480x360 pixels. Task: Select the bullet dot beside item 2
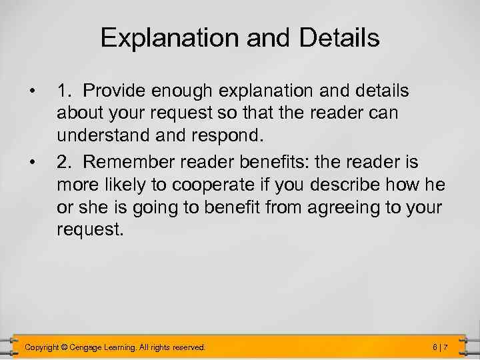click(31, 159)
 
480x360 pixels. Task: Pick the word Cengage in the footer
click(97, 347)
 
